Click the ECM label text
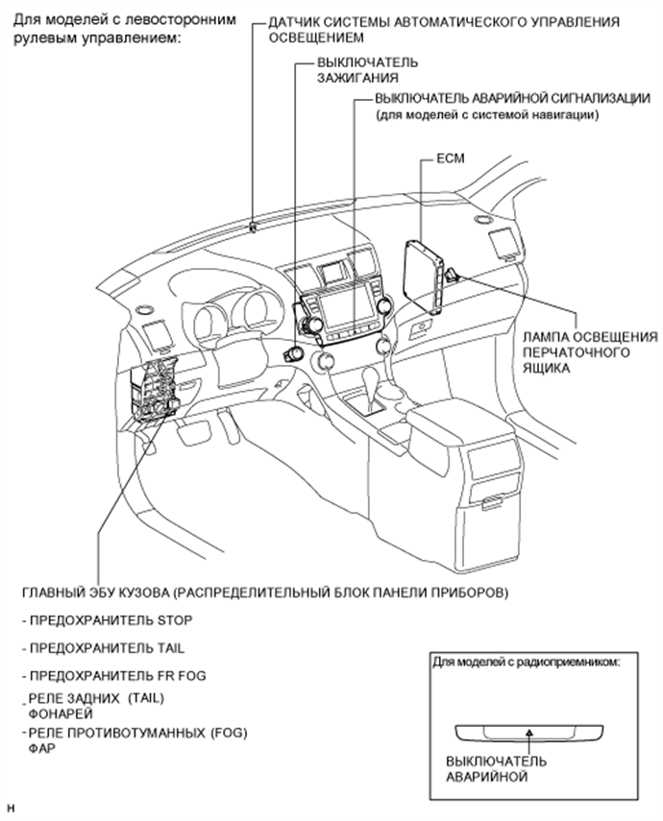[451, 158]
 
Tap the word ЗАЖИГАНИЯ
[357, 78]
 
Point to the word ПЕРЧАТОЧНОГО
[576, 352]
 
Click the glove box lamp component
[452, 274]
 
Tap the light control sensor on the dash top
[253, 228]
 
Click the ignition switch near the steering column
[292, 354]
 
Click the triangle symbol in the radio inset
[529, 734]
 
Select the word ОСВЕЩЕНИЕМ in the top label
[316, 38]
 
